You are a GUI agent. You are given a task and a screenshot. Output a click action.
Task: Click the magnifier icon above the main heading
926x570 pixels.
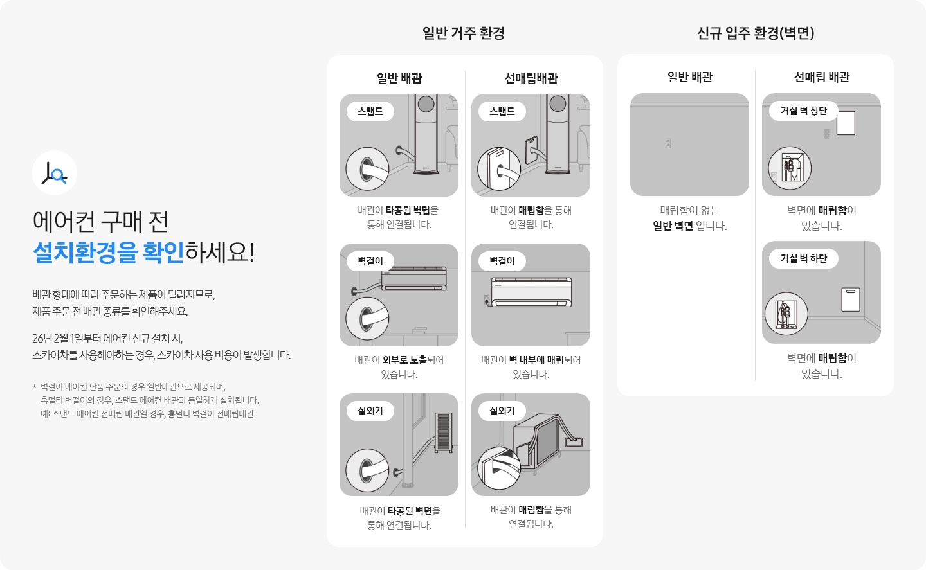55,173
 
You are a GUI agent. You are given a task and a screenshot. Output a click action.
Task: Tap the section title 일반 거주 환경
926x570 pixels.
463,33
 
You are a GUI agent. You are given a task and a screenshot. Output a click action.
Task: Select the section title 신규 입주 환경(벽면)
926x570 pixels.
756,33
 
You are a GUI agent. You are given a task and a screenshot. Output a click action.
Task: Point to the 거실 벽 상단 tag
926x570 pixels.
803,111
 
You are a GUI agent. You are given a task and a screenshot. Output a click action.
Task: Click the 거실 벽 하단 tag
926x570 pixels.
803,258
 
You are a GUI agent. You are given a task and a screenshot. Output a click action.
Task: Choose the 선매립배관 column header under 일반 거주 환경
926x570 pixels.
531,78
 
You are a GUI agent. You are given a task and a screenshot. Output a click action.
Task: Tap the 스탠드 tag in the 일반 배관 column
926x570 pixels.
370,111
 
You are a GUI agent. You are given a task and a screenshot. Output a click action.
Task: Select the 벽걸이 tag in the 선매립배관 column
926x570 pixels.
502,261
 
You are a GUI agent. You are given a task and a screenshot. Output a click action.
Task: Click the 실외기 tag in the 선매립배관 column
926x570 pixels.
502,411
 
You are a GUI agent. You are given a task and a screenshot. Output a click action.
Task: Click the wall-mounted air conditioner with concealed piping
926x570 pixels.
531,292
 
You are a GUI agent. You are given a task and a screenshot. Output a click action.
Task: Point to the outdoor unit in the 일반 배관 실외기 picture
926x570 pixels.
444,432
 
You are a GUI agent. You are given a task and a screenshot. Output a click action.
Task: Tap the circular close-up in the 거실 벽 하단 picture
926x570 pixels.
786,314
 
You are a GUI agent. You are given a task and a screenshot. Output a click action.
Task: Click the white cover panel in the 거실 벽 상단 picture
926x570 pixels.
846,123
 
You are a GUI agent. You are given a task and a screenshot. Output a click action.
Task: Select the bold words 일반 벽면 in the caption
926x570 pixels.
673,226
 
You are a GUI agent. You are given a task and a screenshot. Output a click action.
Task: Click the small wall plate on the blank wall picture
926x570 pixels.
668,143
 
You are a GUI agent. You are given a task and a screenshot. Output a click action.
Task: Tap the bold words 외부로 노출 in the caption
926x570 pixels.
404,360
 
